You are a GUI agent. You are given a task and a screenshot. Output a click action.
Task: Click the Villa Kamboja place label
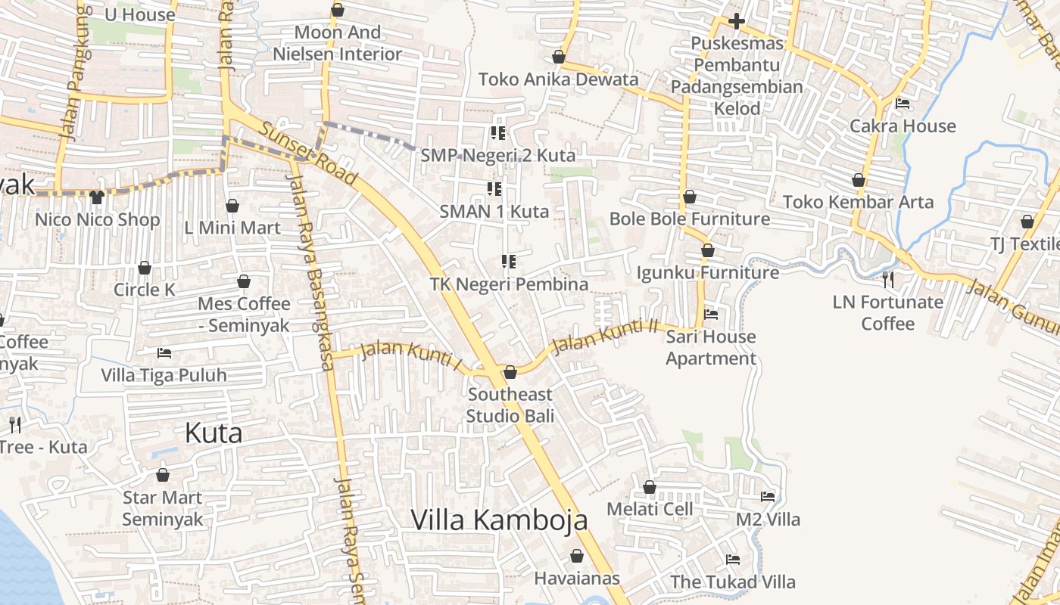(499, 520)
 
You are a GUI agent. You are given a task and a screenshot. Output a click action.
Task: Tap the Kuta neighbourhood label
(214, 433)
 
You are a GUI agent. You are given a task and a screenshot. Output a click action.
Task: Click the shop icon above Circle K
(144, 268)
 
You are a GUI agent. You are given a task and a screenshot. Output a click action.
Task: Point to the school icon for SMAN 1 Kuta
(494, 188)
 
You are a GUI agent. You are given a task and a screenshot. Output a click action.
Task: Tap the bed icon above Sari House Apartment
(711, 314)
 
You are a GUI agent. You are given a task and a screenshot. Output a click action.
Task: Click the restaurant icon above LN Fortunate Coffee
(888, 280)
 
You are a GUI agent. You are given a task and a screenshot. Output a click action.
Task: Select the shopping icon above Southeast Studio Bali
(510, 372)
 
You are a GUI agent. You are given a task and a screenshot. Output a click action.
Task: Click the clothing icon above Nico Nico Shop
(97, 197)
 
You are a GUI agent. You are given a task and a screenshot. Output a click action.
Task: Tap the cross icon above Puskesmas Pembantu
(736, 21)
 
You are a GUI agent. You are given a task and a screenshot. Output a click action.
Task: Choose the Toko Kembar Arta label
(858, 202)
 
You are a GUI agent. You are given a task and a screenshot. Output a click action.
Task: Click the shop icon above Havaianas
(577, 557)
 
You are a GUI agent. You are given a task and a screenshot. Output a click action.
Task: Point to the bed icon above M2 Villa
(768, 497)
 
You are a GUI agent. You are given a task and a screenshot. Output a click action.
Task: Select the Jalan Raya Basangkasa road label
(310, 272)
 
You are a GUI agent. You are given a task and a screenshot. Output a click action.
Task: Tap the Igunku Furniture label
(707, 272)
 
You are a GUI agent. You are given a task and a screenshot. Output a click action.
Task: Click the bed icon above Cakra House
(903, 104)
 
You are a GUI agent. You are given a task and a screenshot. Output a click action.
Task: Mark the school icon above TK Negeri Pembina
(509, 262)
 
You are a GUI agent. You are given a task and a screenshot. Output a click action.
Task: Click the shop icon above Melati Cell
(650, 487)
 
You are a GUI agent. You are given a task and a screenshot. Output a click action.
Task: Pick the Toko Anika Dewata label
(558, 79)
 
